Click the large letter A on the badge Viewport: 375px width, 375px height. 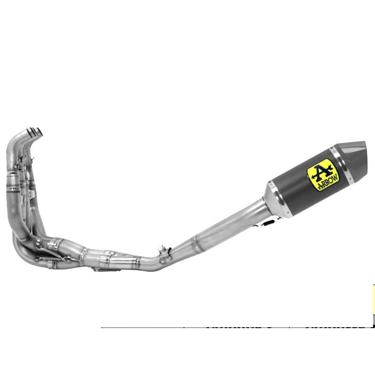[320, 170]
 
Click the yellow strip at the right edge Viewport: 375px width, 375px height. [374, 300]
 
